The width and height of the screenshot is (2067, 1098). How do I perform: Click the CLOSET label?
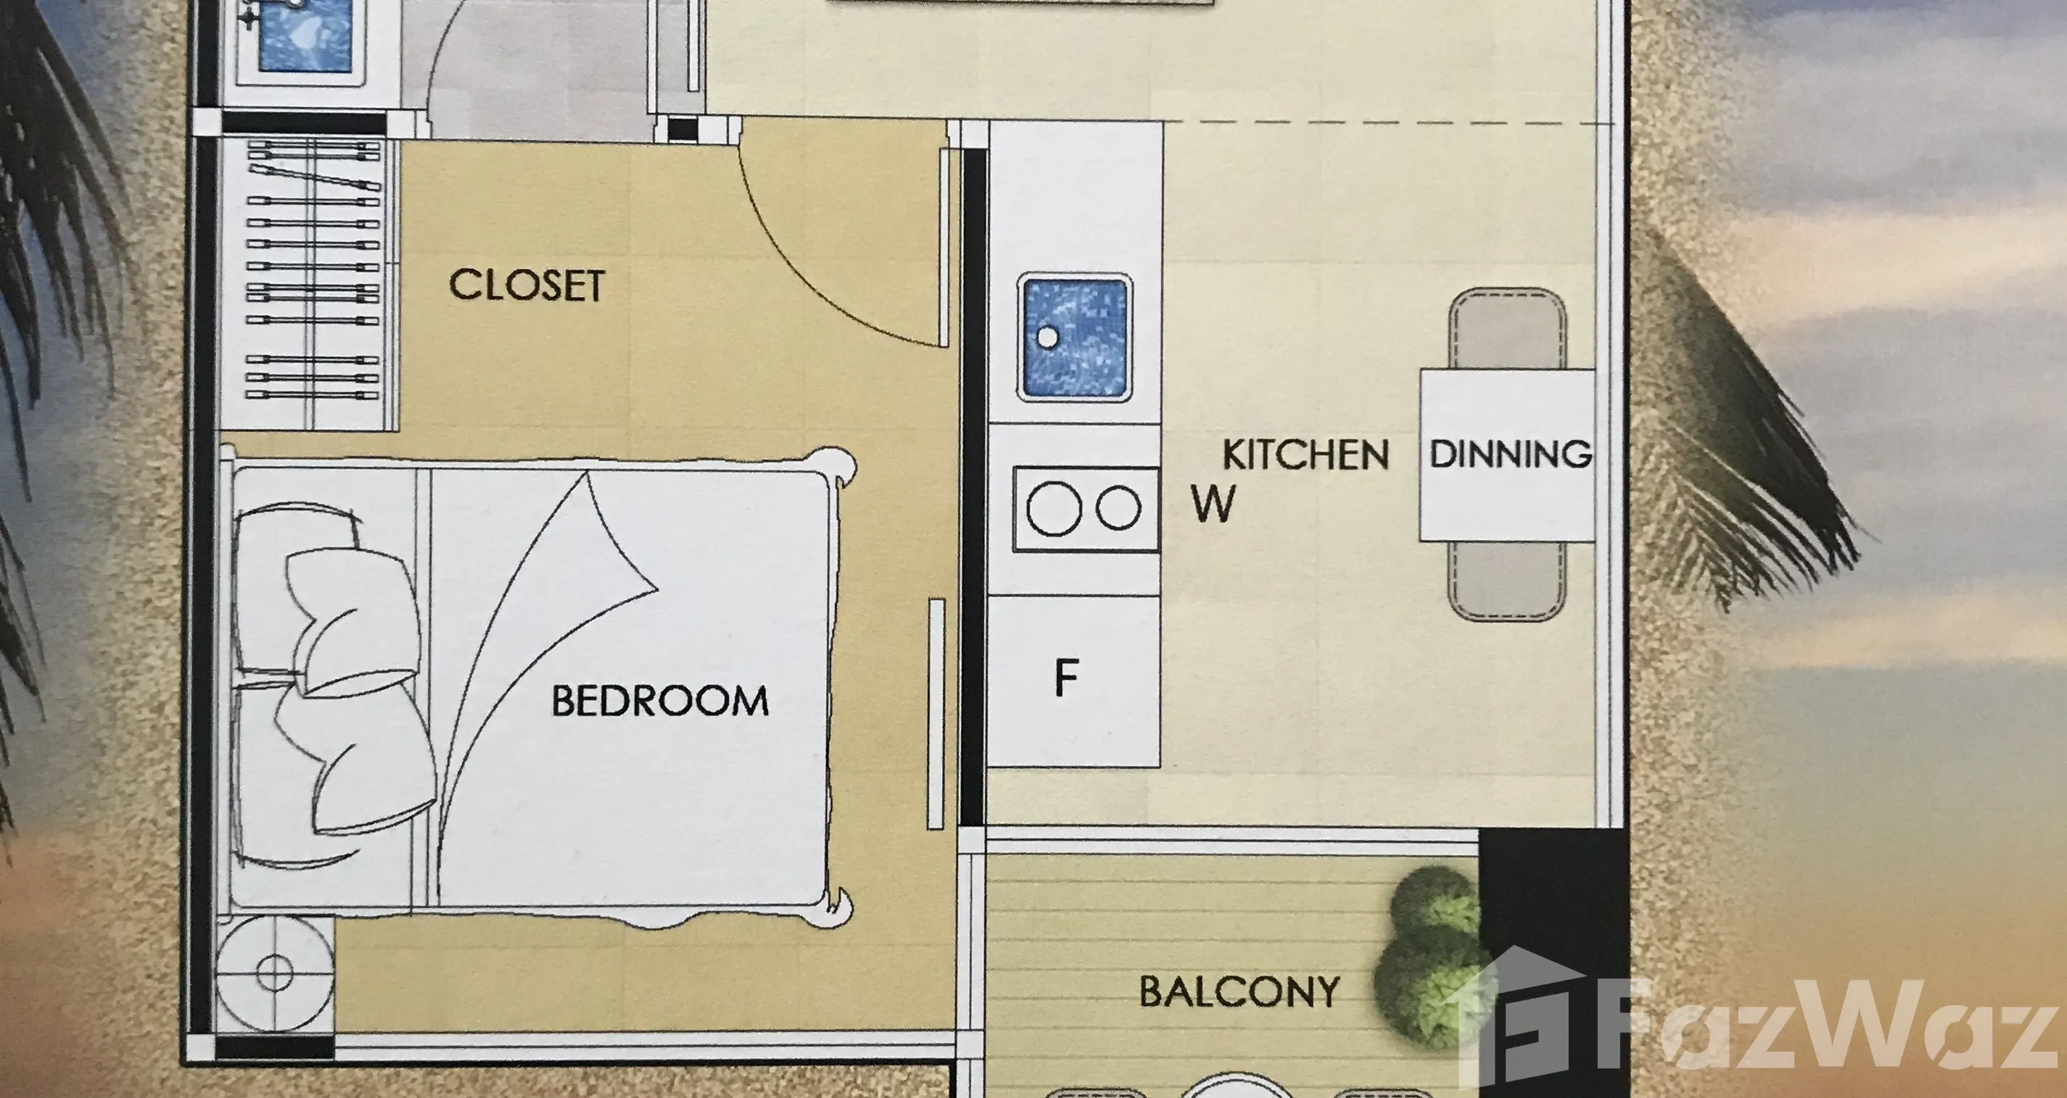coord(527,286)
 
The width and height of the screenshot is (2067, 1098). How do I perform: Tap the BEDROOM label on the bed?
coord(659,700)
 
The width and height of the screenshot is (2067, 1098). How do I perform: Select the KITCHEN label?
coord(1305,454)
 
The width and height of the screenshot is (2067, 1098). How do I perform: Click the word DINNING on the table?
coord(1511,454)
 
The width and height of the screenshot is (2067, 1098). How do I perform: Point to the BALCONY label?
coord(1239,991)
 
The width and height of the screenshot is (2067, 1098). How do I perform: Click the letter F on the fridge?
coord(1065,678)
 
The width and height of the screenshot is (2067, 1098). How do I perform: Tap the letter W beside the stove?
coord(1213,504)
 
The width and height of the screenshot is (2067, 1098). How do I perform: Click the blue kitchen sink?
coord(1074,337)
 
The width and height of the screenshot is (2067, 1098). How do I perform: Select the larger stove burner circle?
coord(1054,509)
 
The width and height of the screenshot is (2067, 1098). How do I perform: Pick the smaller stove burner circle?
coord(1118,508)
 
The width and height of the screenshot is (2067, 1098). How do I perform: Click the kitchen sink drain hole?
coord(1047,337)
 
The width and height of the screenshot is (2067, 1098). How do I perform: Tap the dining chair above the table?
coord(1507,329)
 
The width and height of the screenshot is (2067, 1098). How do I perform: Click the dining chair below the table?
coord(1507,580)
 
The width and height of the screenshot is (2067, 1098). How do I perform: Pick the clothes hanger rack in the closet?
coord(312,270)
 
